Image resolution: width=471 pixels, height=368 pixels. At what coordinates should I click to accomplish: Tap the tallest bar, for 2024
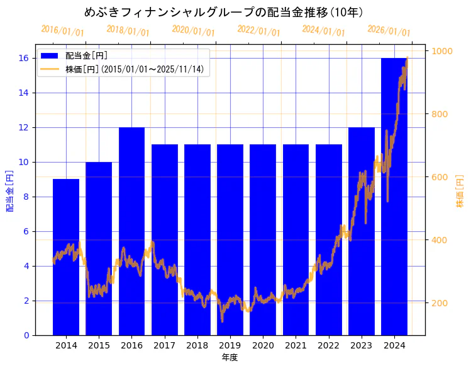[394, 196]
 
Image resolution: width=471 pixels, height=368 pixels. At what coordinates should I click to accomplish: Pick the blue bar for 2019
[230, 239]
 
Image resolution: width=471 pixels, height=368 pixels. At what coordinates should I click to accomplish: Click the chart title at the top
[223, 12]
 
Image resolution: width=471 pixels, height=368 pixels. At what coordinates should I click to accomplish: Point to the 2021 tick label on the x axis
[296, 345]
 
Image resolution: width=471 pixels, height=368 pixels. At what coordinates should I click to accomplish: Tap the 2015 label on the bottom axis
[99, 345]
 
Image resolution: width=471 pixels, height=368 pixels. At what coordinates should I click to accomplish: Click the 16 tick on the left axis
[24, 58]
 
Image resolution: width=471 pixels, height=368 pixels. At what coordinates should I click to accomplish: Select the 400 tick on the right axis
[440, 240]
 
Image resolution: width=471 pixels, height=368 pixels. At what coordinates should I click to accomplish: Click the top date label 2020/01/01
[193, 30]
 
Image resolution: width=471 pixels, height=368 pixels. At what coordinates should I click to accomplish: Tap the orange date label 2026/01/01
[389, 30]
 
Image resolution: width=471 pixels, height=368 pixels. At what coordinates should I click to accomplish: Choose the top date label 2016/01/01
[62, 30]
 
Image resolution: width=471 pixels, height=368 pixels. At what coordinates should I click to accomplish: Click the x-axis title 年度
[230, 358]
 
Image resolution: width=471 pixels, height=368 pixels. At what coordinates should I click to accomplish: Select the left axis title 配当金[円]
[9, 190]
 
